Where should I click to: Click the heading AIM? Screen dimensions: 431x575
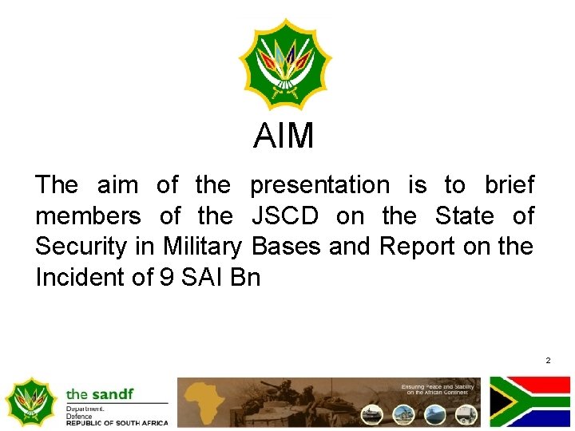coord(284,136)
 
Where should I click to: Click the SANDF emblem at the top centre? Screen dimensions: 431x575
coord(286,63)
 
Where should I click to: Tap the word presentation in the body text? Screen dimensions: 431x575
coord(319,185)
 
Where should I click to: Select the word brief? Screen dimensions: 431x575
coord(509,185)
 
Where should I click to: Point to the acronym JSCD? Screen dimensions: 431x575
coord(285,216)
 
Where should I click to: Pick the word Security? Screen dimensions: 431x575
coord(81,247)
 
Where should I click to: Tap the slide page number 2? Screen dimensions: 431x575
coord(548,361)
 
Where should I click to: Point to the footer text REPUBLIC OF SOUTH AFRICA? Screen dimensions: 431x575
coord(117,422)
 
